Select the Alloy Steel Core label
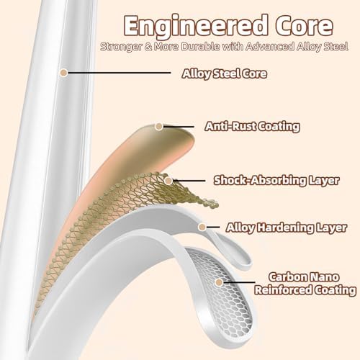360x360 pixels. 225,73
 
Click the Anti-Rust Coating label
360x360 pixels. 252,127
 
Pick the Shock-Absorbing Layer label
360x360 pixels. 276,180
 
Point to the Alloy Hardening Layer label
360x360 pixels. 287,228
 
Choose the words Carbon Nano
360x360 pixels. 304,277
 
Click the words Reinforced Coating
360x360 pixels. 305,290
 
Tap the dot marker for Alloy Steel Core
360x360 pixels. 64,73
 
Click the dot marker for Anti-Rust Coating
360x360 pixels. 158,126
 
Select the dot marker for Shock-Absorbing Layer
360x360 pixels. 168,181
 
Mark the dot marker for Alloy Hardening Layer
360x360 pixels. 202,227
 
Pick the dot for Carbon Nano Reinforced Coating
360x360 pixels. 219,282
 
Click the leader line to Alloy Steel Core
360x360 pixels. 119,73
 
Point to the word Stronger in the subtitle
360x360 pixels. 121,47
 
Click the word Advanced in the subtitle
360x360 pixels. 270,46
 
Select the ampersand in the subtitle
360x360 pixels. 148,47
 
